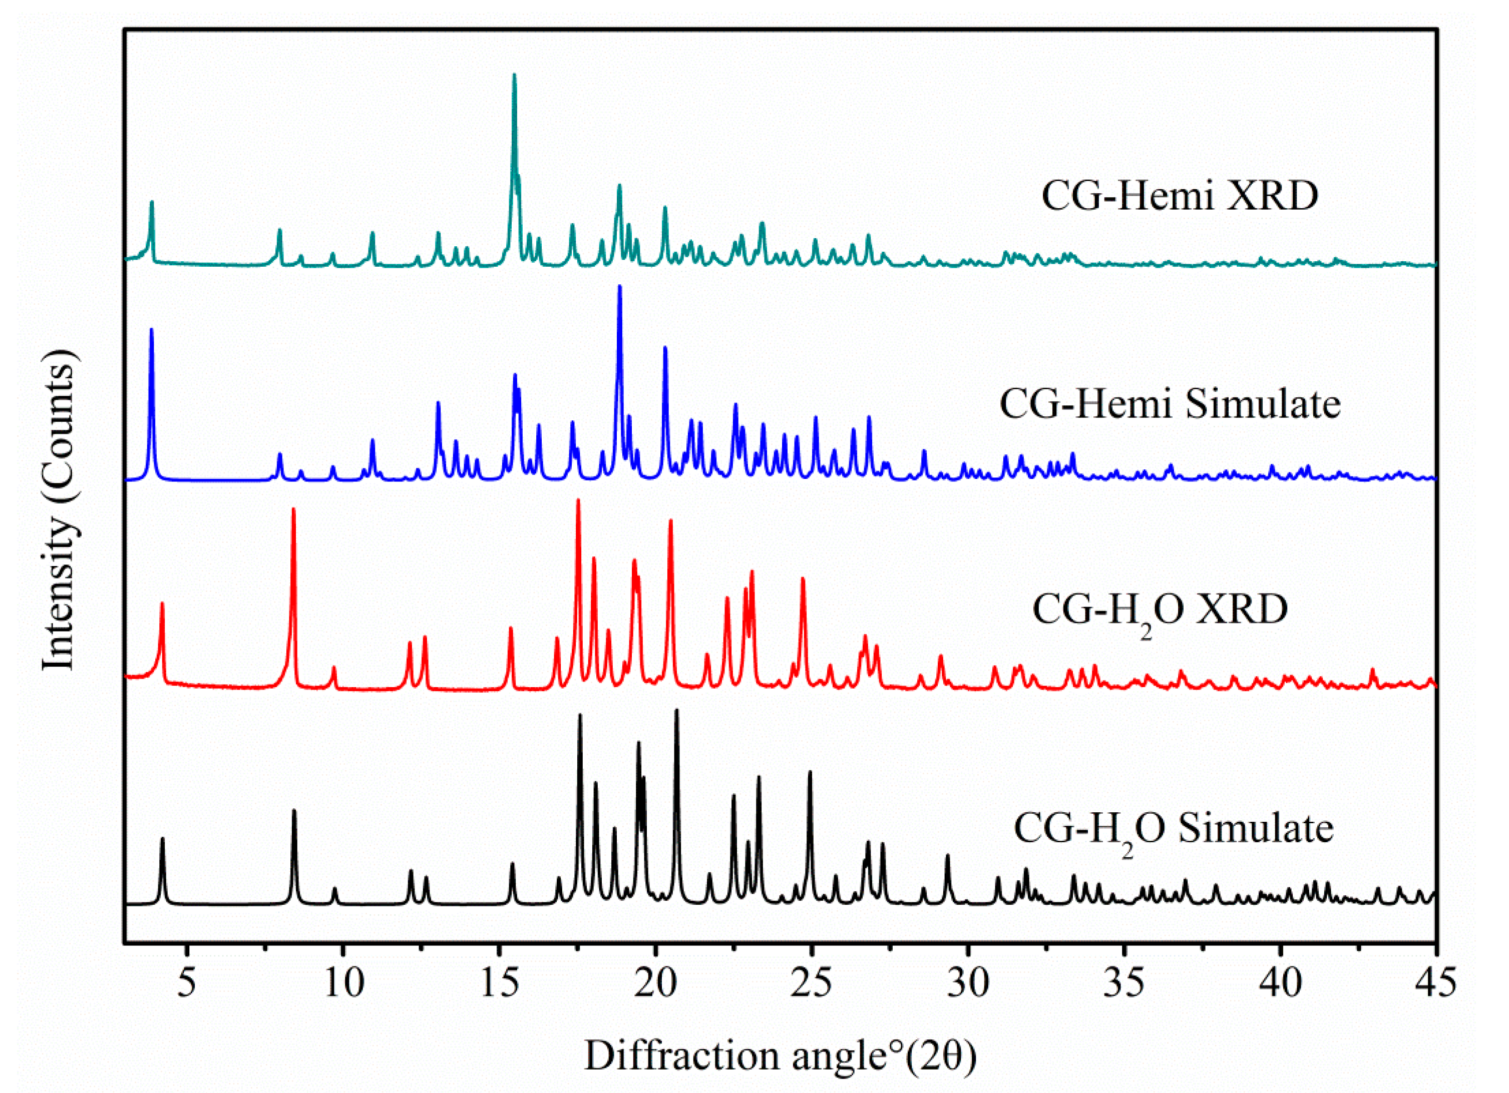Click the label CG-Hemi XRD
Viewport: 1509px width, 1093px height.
[1179, 197]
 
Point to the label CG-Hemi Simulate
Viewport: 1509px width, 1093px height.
[1170, 404]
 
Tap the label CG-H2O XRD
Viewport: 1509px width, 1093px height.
[1160, 610]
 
